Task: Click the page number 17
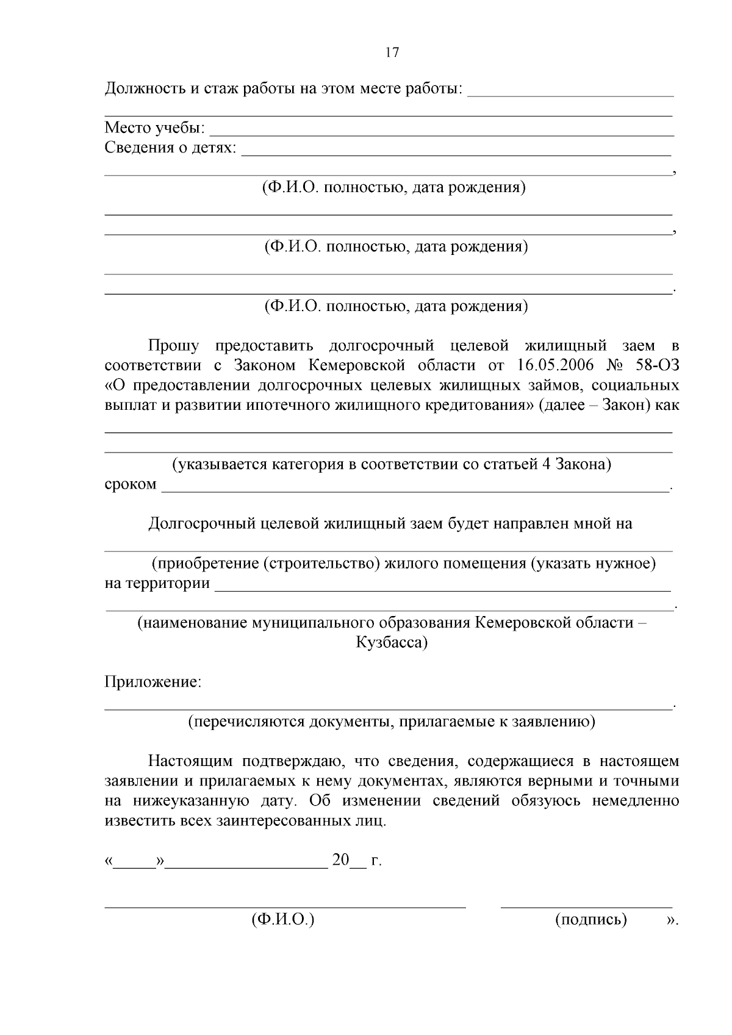pyautogui.click(x=392, y=52)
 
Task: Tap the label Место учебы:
pyautogui.click(x=155, y=128)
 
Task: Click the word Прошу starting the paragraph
pyautogui.click(x=174, y=346)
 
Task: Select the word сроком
pyautogui.click(x=131, y=484)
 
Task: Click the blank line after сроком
pyautogui.click(x=415, y=489)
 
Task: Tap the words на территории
pyautogui.click(x=157, y=583)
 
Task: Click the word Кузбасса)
pyautogui.click(x=392, y=642)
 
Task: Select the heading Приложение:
pyautogui.click(x=153, y=682)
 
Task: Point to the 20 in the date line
pyautogui.click(x=340, y=861)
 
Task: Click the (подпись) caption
pyautogui.click(x=590, y=920)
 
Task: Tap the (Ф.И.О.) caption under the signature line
pyautogui.click(x=282, y=920)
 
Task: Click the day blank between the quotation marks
pyautogui.click(x=135, y=864)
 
